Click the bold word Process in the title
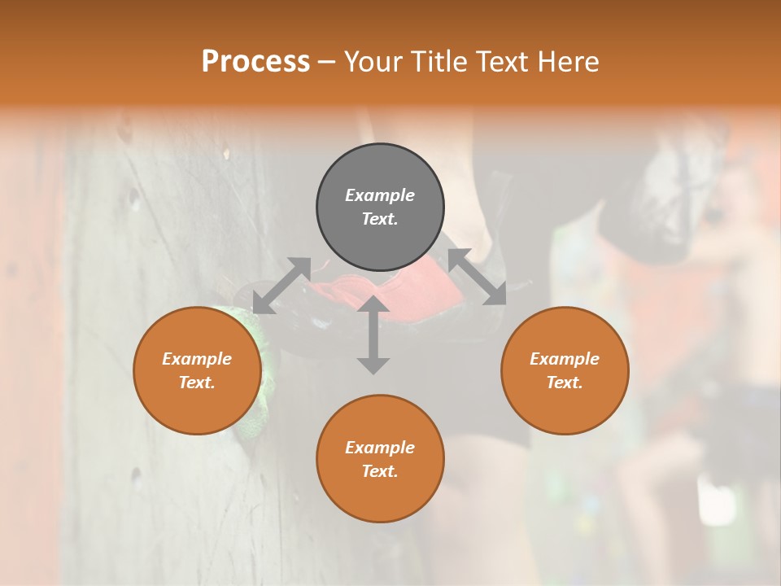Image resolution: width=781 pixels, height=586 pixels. (x=255, y=61)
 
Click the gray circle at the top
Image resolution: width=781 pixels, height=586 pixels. (x=380, y=208)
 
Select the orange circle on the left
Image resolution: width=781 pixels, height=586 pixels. (x=197, y=370)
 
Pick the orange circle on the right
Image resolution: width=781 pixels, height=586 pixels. (x=565, y=370)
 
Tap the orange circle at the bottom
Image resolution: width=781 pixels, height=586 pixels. (x=380, y=459)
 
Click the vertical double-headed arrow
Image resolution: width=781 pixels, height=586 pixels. (x=373, y=335)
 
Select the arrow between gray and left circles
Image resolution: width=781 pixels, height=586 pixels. (x=282, y=285)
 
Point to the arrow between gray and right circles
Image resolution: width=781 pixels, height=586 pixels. (x=477, y=277)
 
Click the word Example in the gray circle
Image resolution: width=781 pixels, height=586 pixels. (x=380, y=195)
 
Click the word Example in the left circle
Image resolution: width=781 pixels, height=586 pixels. (x=197, y=359)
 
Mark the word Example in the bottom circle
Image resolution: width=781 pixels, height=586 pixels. (x=380, y=448)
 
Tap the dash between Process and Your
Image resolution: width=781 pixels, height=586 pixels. (x=327, y=62)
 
